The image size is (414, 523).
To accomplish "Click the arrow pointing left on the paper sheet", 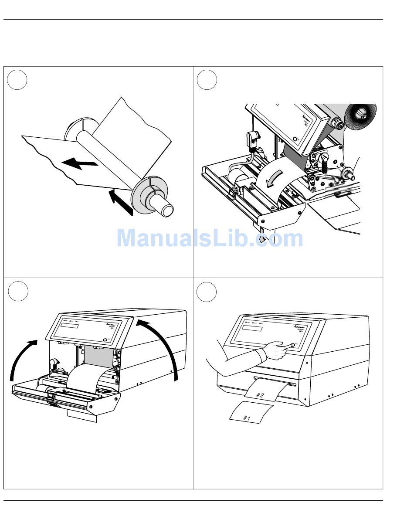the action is pos(79,164).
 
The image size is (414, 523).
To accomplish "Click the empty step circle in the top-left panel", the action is pos(17,80).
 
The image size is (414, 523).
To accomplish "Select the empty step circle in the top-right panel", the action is pos(207,80).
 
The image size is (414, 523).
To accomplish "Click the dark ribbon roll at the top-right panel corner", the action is pos(360,116).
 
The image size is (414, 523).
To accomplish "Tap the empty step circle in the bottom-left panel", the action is pos(17,291).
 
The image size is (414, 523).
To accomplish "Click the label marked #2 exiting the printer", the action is pos(261,394).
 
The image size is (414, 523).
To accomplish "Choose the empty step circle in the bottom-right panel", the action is pos(207,291).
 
